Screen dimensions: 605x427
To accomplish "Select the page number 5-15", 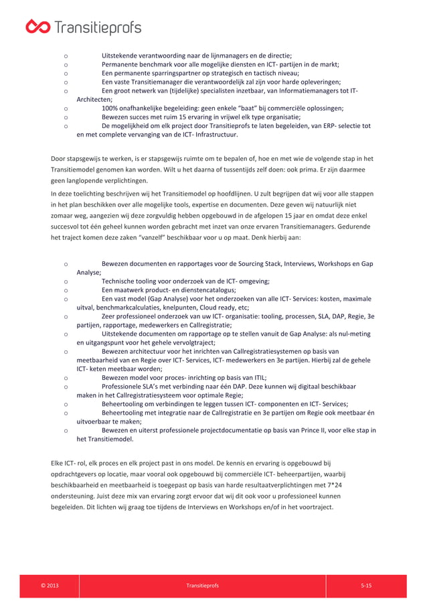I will pos(365,586).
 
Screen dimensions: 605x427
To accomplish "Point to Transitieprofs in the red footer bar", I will pos(201,586).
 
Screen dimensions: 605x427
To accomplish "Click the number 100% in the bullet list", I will pos(110,108).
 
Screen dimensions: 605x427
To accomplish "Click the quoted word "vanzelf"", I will pos(151,237).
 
